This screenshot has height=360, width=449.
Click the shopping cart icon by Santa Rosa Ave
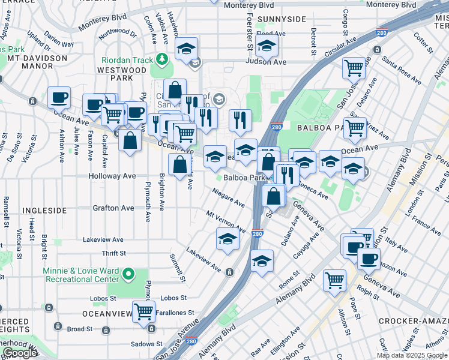click(354, 67)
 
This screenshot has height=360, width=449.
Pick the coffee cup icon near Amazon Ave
click(369, 259)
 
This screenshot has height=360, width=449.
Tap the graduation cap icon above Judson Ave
click(266, 46)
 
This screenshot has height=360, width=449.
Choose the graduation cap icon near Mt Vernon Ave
click(228, 239)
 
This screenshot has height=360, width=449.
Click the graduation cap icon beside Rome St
click(262, 261)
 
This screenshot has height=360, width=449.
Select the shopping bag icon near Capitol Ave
click(130, 142)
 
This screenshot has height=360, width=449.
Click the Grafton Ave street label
click(113, 208)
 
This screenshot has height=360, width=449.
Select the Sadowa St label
click(147, 344)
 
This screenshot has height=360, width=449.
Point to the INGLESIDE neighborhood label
click(44, 211)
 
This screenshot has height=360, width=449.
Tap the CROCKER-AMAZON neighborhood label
click(413, 322)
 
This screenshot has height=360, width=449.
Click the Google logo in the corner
click(20, 353)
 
